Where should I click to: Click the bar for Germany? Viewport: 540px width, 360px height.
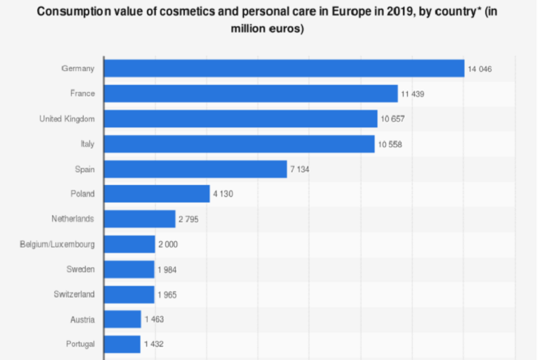[x=284, y=68]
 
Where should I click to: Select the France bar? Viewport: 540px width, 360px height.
[x=251, y=94]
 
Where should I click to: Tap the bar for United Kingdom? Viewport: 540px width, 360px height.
[x=240, y=119]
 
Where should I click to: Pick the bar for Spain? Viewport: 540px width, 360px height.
[x=195, y=169]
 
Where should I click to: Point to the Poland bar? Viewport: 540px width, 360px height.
[x=157, y=194]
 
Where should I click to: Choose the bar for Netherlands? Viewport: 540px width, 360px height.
[x=139, y=219]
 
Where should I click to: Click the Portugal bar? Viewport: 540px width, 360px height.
[x=122, y=345]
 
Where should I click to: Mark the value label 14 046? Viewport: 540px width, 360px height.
[x=480, y=69]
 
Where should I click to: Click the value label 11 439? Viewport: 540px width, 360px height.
[x=413, y=94]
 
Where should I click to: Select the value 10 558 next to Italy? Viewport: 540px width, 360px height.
[x=390, y=144]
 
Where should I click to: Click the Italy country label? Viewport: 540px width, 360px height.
[x=87, y=143]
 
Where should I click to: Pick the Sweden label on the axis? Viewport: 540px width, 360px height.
[x=81, y=269]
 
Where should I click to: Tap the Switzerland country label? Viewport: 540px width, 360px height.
[x=74, y=294]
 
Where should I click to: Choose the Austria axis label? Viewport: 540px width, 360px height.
[x=82, y=319]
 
